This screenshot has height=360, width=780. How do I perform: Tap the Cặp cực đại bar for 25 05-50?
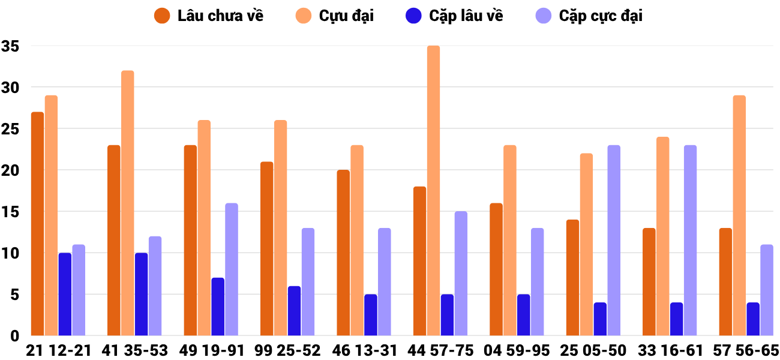pyautogui.click(x=614, y=240)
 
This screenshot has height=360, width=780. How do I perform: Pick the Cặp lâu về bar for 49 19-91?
pyautogui.click(x=218, y=307)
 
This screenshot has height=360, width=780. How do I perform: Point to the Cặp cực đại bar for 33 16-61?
pyautogui.click(x=690, y=240)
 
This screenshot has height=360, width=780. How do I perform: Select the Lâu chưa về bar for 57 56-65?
pyautogui.click(x=725, y=281)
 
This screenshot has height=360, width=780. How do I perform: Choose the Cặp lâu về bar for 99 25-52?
pyautogui.click(x=294, y=311)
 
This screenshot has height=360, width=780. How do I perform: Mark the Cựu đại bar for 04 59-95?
pyautogui.click(x=510, y=240)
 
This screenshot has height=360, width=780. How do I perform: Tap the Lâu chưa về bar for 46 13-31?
pyautogui.click(x=343, y=253)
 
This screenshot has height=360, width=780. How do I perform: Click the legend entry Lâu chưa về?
pyautogui.click(x=220, y=16)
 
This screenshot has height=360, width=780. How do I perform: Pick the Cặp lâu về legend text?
pyautogui.click(x=466, y=16)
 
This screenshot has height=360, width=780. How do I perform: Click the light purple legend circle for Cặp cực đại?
pyautogui.click(x=544, y=16)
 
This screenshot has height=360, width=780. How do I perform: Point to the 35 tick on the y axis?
pyautogui.click(x=11, y=46)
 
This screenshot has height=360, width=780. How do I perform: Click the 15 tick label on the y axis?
pyautogui.click(x=11, y=212)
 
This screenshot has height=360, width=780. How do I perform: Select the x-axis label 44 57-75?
pyautogui.click(x=440, y=350)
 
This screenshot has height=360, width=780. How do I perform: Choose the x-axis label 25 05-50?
pyautogui.click(x=593, y=350)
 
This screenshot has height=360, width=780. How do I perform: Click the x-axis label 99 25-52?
pyautogui.click(x=287, y=350)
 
